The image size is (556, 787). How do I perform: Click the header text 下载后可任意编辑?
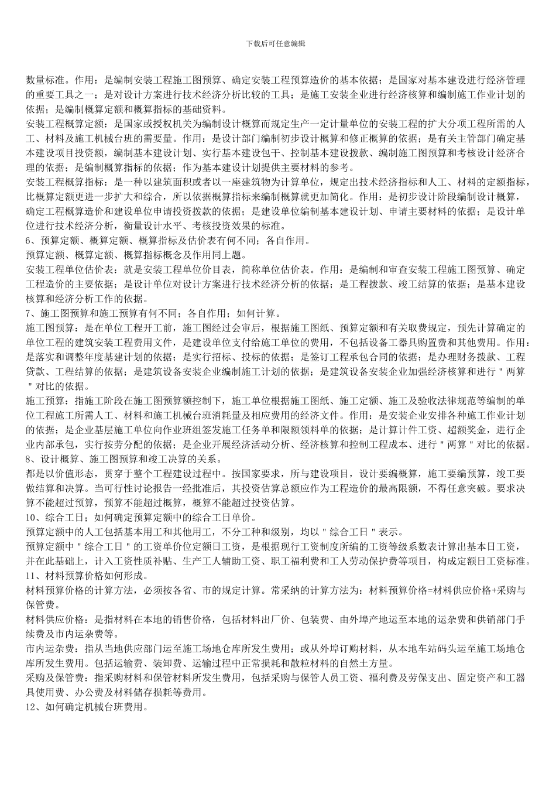[x=277, y=43]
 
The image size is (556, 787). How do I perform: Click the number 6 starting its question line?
[x=29, y=241]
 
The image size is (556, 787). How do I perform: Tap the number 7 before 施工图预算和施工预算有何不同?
[x=29, y=313]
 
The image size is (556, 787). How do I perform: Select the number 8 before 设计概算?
[x=29, y=458]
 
